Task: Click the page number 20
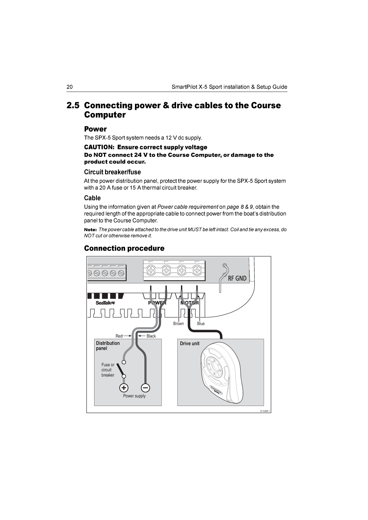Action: tap(70, 87)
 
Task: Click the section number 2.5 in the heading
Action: tap(73, 105)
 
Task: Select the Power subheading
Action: tap(95, 129)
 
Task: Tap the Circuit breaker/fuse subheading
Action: tap(112, 172)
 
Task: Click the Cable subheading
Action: tap(92, 198)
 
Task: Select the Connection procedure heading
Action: tap(124, 248)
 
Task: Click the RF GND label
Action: tap(237, 278)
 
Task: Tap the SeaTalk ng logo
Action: tap(105, 303)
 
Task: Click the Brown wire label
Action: tap(178, 324)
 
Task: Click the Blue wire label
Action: tap(201, 324)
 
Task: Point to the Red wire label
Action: tap(119, 336)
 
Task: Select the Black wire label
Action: tap(151, 336)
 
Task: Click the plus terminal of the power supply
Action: tap(124, 388)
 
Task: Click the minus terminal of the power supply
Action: tap(145, 388)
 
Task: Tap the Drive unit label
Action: tap(190, 343)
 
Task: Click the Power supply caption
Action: tap(134, 396)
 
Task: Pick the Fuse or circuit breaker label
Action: tap(108, 370)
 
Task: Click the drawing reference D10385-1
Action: tap(265, 411)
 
